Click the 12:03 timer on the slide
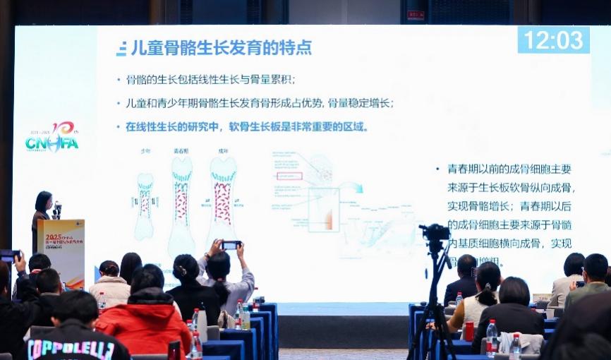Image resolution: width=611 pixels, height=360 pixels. [553, 40]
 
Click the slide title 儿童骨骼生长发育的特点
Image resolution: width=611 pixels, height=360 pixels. [221, 48]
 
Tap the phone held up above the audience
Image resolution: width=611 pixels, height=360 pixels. [231, 245]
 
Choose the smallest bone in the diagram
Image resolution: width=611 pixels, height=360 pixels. [145, 205]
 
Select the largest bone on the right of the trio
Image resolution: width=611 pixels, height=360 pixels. [222, 201]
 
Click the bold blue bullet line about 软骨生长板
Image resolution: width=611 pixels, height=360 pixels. [247, 127]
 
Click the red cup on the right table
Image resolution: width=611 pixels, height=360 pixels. [468, 330]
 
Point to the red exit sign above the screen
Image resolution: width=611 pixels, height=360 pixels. [416, 15]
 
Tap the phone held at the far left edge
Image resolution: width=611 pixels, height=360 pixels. [9, 255]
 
